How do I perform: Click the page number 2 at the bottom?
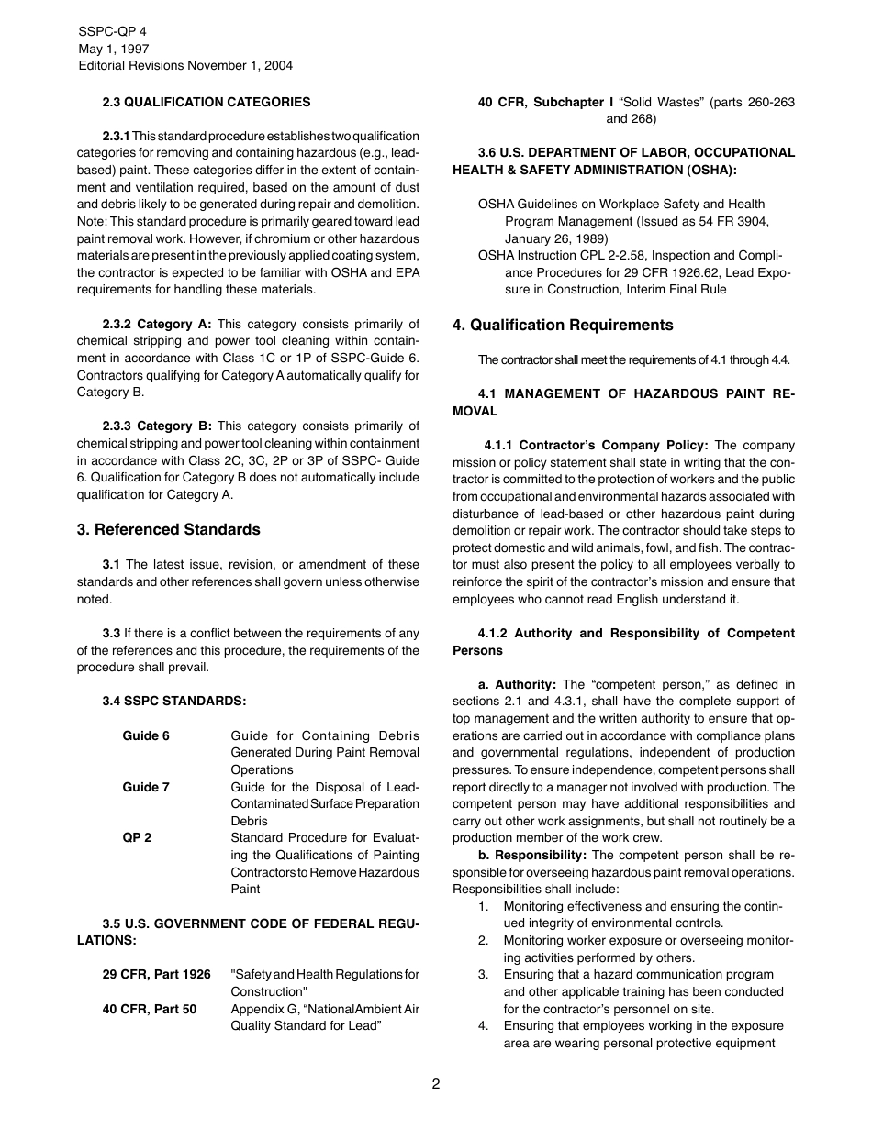coord(436,1083)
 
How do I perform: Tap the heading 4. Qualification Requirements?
coord(563,326)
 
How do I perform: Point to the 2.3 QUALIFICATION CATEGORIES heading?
coord(207,102)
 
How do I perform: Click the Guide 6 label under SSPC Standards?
coord(146,735)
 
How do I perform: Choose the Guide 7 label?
coord(146,787)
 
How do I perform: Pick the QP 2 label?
coord(137,838)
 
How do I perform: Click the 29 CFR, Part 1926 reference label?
coord(156,974)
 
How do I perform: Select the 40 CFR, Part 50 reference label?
coord(149,1009)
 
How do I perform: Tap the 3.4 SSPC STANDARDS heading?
coord(173,701)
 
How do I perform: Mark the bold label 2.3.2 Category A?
coord(157,324)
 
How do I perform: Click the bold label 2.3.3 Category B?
coord(157,426)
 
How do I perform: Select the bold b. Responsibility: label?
coord(532,855)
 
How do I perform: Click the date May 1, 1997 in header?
coord(114,49)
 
